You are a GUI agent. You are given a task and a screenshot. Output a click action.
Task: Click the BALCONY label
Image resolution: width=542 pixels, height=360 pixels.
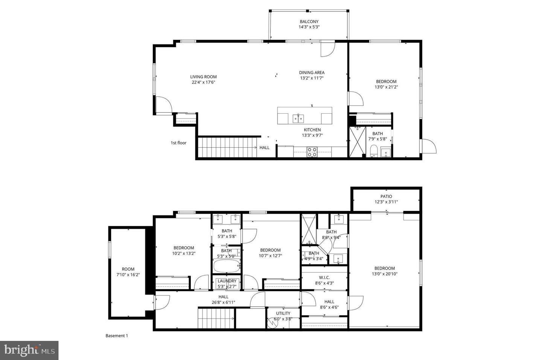pos(309,22)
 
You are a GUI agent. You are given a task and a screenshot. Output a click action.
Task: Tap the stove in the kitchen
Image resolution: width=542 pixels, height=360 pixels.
pos(312,152)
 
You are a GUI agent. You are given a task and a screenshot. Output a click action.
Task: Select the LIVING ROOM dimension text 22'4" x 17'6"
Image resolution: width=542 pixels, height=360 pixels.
pos(203,82)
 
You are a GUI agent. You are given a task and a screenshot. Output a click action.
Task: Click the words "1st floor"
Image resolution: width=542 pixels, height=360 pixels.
pos(178,143)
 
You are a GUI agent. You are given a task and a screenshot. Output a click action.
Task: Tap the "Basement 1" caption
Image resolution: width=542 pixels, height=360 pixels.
pos(117,336)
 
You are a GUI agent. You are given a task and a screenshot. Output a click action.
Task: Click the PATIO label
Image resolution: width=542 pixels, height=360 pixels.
pos(386,197)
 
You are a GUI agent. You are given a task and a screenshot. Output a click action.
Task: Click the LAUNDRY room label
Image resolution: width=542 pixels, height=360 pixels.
pos(227,281)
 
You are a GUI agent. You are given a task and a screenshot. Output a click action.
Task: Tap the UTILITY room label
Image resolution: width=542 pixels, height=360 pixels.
pos(283,313)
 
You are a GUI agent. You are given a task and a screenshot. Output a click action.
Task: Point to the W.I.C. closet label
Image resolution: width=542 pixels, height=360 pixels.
pos(324,278)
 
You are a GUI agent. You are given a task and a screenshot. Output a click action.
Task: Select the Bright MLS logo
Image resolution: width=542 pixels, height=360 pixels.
pos(29,351)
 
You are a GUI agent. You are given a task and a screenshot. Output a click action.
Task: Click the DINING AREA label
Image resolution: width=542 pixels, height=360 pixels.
pos(312,73)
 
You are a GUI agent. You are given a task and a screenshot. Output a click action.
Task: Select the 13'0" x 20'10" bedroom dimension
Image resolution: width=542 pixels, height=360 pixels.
pos(385,274)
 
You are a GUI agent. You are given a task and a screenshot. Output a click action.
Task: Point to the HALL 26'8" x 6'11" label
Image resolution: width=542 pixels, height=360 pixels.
pos(224,299)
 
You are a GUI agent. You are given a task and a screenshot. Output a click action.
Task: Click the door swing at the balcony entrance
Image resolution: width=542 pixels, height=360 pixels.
pos(327,49)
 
